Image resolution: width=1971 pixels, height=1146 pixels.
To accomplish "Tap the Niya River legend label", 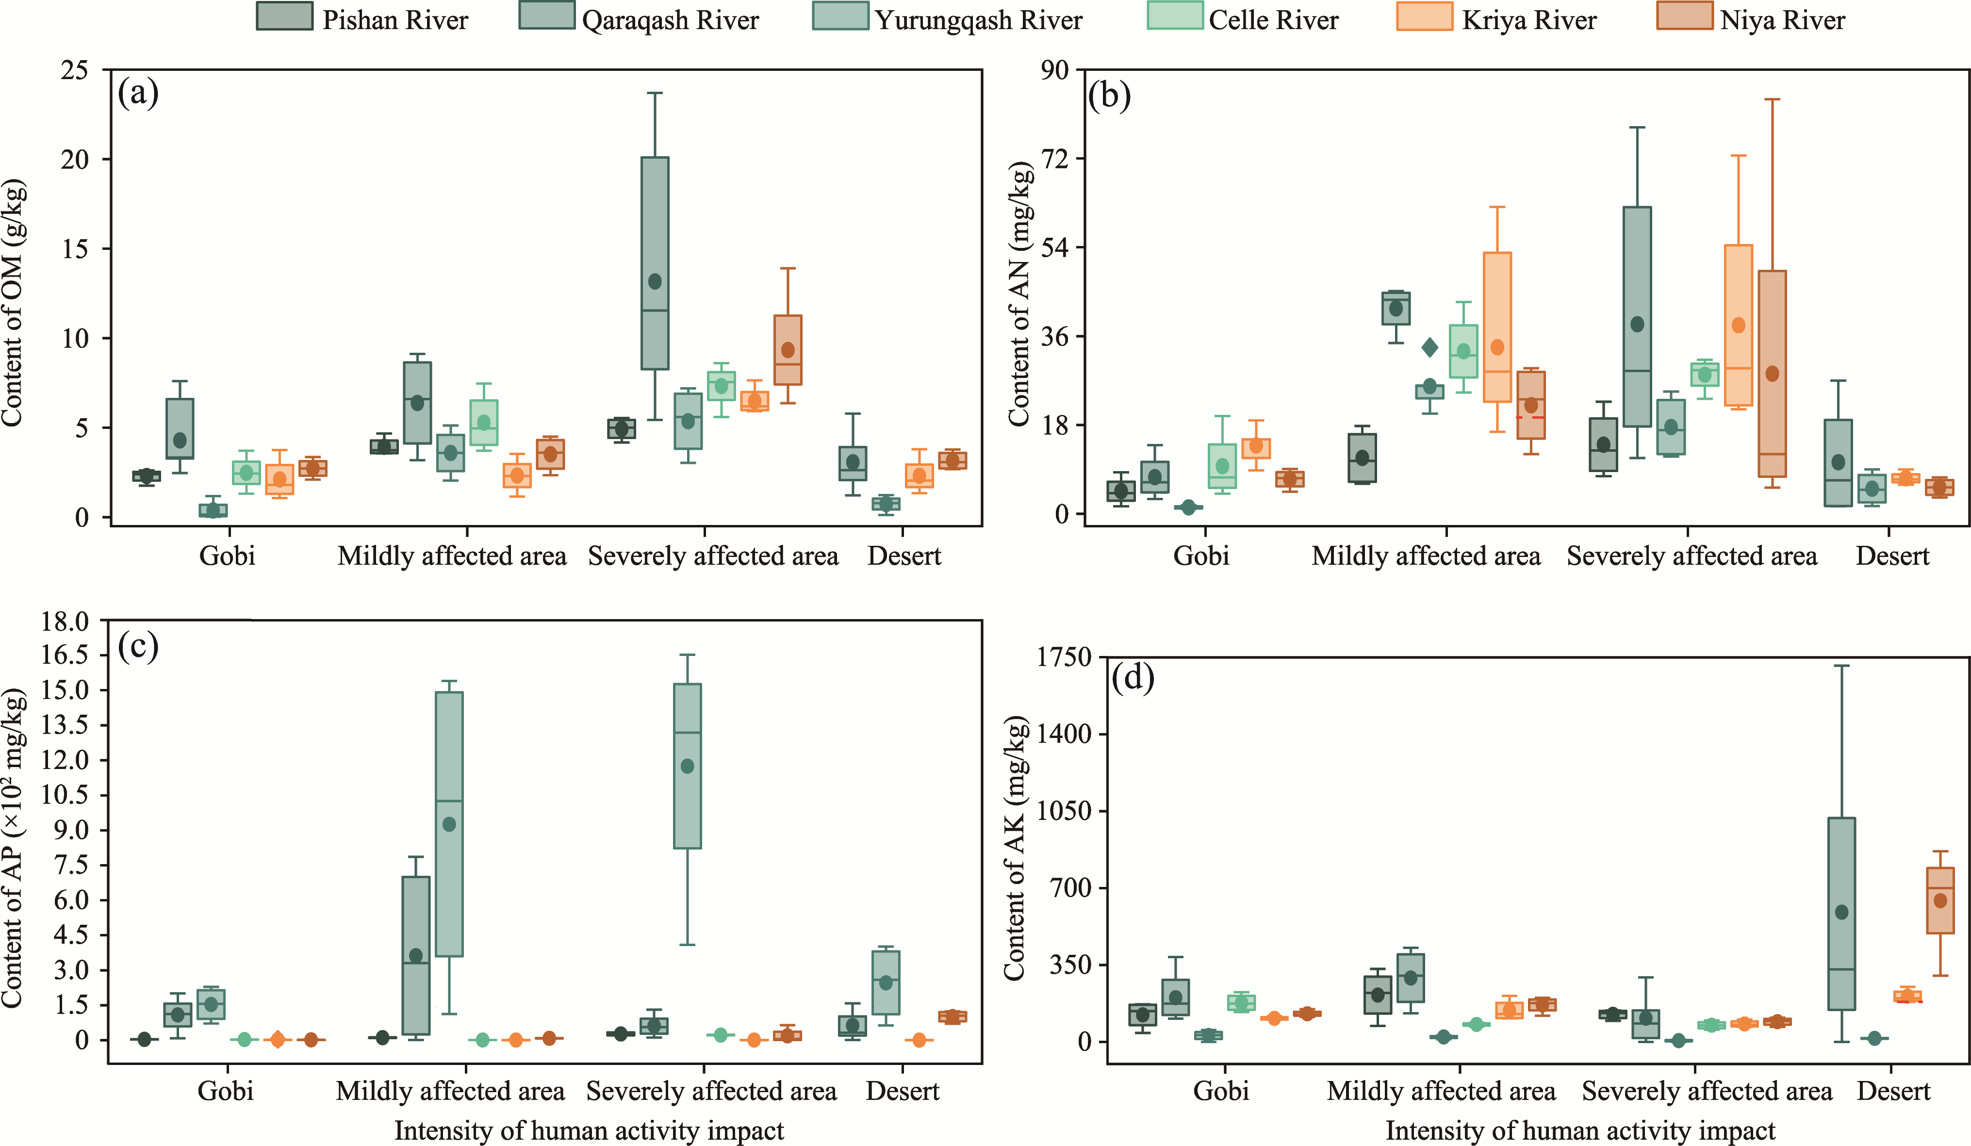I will click(1783, 19).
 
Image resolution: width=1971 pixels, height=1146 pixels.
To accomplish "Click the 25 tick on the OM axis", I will click(75, 70).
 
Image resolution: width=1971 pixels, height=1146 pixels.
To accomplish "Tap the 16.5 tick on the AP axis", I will click(65, 655).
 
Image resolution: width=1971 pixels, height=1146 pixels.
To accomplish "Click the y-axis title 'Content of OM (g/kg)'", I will click(13, 304).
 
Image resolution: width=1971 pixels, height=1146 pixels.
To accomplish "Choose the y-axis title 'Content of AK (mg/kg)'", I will click(1015, 849).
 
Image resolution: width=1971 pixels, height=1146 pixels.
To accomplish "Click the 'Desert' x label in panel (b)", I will click(1892, 556).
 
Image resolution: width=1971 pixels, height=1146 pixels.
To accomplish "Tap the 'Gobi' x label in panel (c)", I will click(225, 1091).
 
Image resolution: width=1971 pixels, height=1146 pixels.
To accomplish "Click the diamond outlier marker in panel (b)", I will click(1430, 347).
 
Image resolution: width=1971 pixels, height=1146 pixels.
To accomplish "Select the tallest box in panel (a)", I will click(655, 263).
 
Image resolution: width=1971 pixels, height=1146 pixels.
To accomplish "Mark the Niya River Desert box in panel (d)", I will click(1940, 900).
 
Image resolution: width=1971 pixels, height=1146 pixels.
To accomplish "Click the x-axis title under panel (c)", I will click(589, 1131).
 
